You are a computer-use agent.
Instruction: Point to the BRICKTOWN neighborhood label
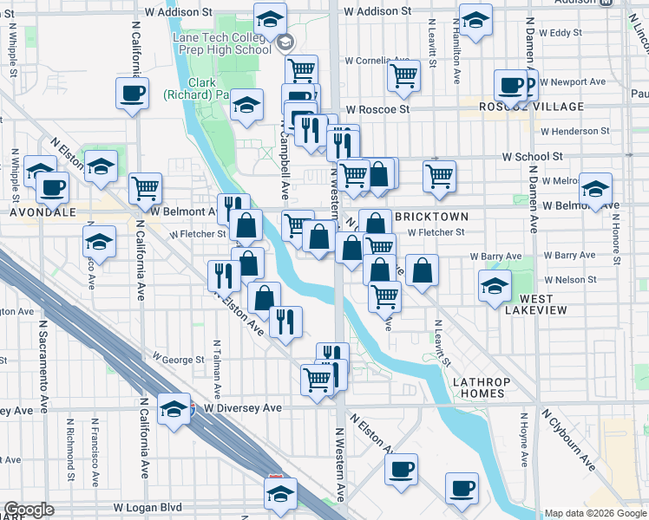click(431, 216)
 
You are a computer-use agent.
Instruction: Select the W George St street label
click(177, 357)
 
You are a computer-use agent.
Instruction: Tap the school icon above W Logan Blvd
click(280, 493)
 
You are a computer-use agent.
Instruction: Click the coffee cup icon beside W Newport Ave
click(511, 85)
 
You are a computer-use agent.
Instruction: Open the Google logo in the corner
click(29, 510)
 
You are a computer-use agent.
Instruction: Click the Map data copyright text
click(595, 513)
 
